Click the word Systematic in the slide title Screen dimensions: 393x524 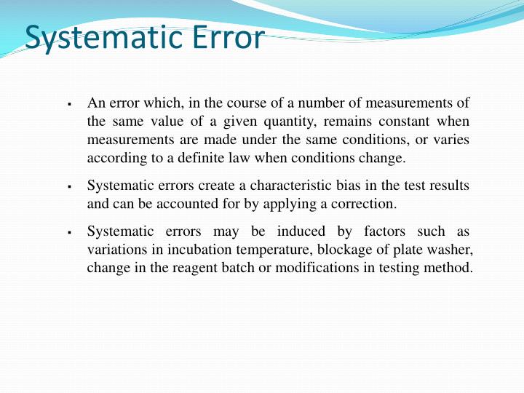pyautogui.click(x=103, y=38)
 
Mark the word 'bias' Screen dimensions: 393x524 pyautogui.click(x=337, y=186)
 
